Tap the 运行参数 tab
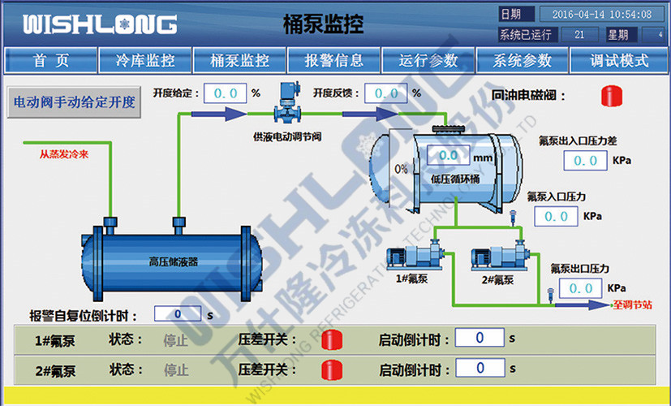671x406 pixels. tap(428, 60)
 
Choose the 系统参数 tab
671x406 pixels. tap(523, 60)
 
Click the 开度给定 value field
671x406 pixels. tap(225, 93)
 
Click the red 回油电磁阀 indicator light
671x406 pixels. tap(611, 96)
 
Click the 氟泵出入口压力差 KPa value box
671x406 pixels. tap(585, 161)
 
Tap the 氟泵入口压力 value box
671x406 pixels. tap(557, 217)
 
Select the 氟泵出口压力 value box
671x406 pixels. tap(581, 288)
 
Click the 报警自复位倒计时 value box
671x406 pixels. tap(178, 314)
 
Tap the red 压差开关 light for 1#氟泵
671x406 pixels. tap(332, 339)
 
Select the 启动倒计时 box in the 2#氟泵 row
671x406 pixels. tap(480, 369)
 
